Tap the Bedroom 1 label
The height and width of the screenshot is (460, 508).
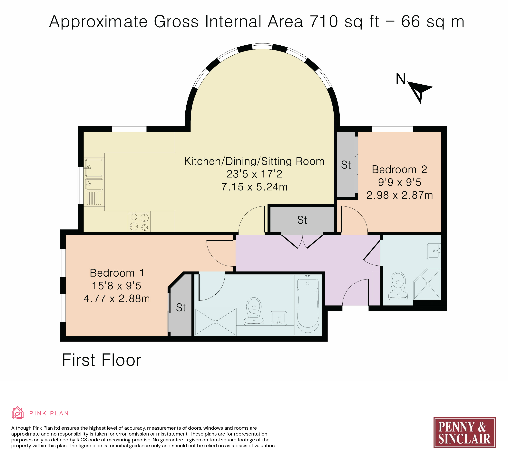(x=117, y=273)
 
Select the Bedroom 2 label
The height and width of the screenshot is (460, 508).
(x=399, y=169)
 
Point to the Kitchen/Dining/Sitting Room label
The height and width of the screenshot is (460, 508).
(x=254, y=161)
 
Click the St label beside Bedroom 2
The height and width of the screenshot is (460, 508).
(x=346, y=165)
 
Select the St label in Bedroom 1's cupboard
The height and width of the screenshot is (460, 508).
(x=181, y=308)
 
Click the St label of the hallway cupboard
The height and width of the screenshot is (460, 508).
(x=302, y=220)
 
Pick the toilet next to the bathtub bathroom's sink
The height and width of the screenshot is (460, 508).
(x=254, y=311)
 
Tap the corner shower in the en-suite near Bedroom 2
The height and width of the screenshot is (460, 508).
(x=427, y=284)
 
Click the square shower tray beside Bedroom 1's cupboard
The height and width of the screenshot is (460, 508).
(x=215, y=322)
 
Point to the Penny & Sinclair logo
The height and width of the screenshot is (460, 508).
(x=465, y=433)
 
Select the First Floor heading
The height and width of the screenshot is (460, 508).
(x=102, y=360)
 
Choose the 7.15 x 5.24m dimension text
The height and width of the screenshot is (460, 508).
(x=254, y=187)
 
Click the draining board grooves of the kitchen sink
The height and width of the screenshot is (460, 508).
(x=94, y=198)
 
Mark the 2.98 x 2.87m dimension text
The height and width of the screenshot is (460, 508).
(x=399, y=195)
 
